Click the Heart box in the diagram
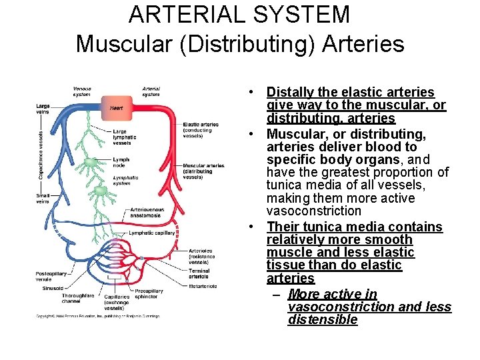pos(117,107)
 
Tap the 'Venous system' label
pos(82,91)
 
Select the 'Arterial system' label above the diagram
pos(151,91)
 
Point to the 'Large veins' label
pos(43,109)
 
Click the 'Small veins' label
pos(43,197)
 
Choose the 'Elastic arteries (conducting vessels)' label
pos(200,130)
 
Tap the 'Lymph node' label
pos(121,163)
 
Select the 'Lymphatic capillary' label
pos(152,233)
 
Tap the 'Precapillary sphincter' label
pos(149,294)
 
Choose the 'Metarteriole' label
pos(203,287)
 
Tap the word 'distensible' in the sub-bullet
pos(323,320)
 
